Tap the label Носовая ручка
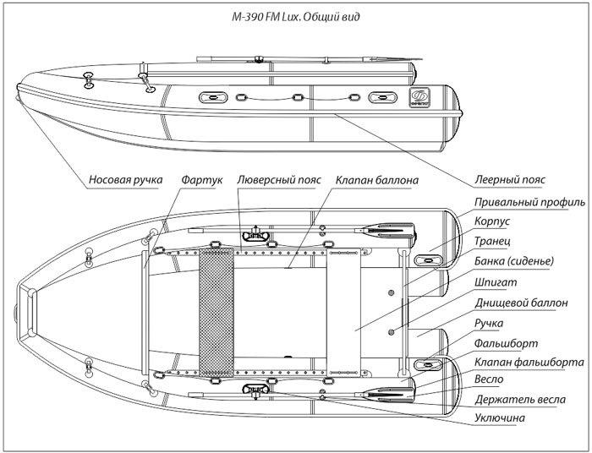[125, 179]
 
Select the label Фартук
[201, 180]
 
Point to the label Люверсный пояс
[279, 180]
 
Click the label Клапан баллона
[377, 180]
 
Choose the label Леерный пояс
[510, 179]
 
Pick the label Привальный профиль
[529, 203]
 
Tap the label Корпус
[492, 221]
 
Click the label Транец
[492, 241]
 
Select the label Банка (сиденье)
[514, 261]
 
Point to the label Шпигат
[496, 282]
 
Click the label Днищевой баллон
[521, 303]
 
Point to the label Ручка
[489, 324]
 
